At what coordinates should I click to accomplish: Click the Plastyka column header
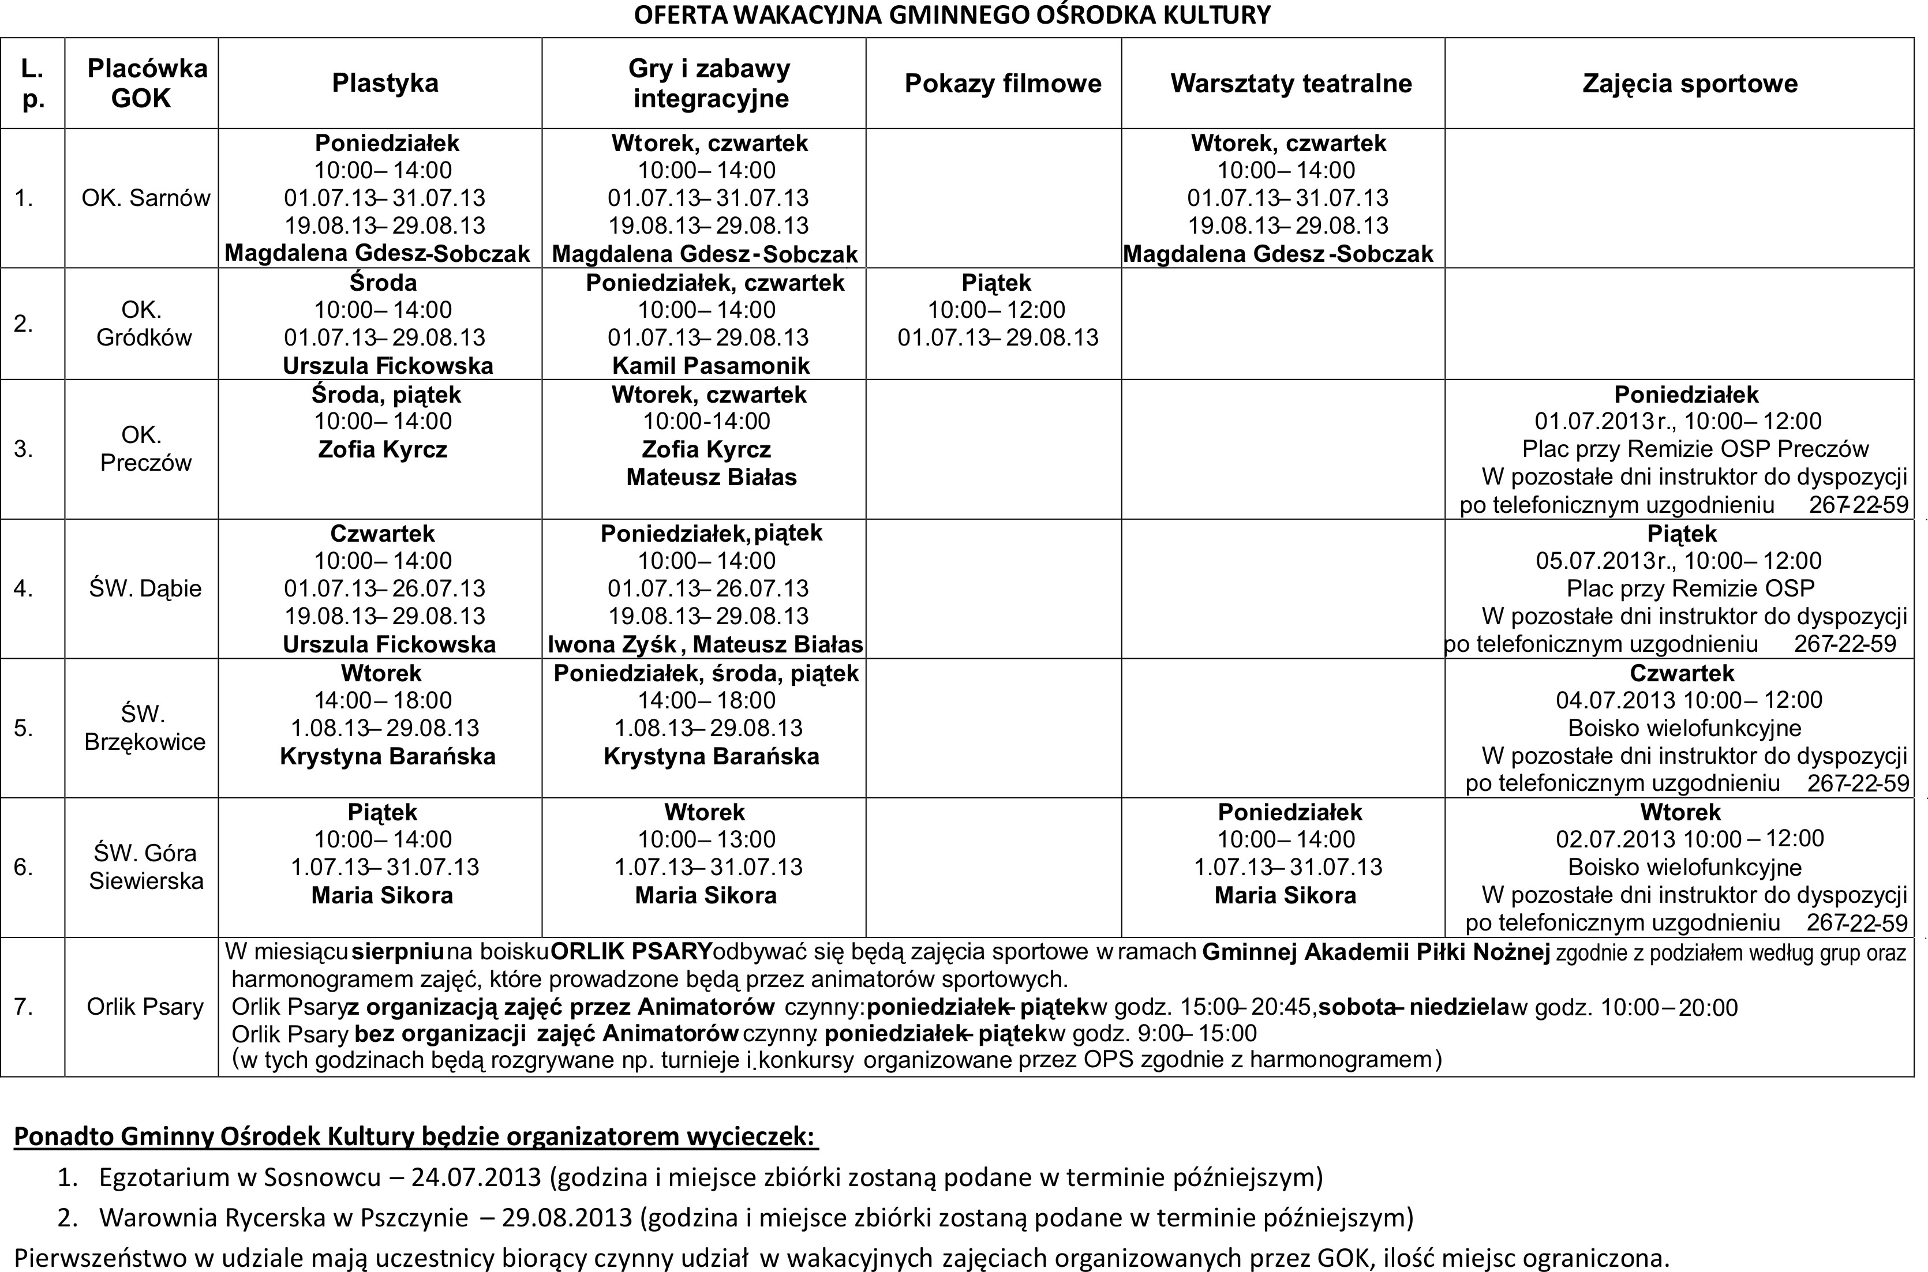(x=385, y=82)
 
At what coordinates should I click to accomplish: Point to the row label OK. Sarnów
(x=145, y=198)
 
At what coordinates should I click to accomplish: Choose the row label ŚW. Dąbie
(x=145, y=588)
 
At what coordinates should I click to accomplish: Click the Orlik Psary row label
(x=145, y=1007)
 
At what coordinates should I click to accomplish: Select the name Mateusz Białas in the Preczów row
(x=711, y=477)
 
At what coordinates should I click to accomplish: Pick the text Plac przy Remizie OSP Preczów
(x=1695, y=449)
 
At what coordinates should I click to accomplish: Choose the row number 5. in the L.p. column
(x=24, y=727)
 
